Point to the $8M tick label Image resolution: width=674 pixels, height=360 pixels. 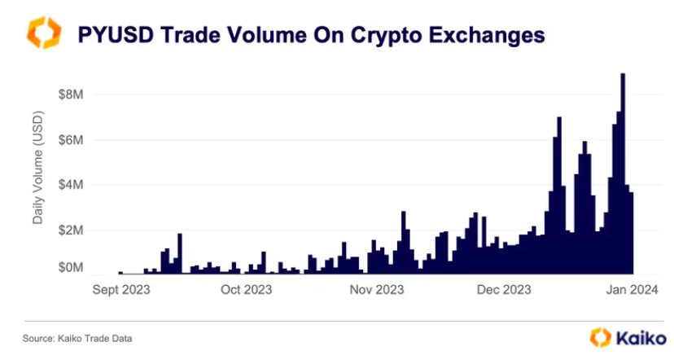point(72,94)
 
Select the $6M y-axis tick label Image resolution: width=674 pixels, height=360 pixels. point(72,139)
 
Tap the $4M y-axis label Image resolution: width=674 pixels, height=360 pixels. point(72,184)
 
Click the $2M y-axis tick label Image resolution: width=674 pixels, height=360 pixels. point(72,230)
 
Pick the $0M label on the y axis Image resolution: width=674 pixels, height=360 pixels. point(72,267)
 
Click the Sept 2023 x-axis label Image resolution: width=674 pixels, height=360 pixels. point(120,289)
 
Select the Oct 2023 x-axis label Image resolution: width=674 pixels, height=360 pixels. point(247,289)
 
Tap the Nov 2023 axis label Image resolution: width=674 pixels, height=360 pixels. point(377,289)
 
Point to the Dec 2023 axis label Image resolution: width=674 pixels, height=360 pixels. point(505,289)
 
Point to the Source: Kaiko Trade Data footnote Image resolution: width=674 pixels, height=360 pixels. point(77,338)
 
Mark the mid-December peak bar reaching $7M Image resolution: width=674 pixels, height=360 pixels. point(559,195)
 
